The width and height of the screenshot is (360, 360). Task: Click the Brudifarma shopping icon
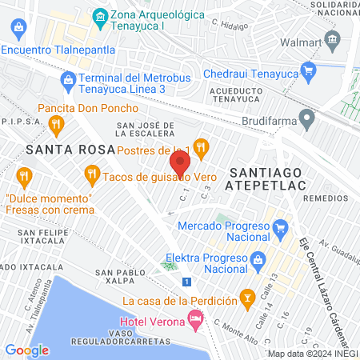306,122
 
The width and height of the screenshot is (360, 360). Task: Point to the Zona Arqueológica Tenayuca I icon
100,16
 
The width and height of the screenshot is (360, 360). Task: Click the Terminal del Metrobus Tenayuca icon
68,79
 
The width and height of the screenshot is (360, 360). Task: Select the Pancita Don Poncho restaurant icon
55,123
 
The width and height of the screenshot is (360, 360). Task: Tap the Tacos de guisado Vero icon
91,173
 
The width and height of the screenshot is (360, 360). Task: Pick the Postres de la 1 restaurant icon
201,146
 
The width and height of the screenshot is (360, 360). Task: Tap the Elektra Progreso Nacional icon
257,260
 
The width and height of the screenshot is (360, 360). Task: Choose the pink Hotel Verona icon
195,319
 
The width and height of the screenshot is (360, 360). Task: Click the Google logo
27,350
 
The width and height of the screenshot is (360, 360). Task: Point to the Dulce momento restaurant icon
25,174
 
